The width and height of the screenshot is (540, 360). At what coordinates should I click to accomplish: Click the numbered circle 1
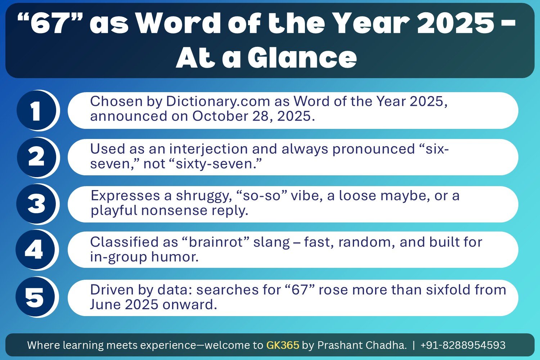tap(36, 111)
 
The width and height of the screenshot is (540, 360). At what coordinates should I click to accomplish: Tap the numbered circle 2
tap(36, 157)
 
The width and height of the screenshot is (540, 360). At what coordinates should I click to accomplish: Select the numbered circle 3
tap(36, 204)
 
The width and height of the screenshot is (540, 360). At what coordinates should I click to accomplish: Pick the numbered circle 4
tap(35, 250)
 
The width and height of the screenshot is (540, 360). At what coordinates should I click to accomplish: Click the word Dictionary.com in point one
tap(218, 102)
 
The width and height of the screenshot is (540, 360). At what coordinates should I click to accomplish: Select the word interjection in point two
tap(208, 149)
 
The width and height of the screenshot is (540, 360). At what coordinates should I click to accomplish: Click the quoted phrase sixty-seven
tap(218, 164)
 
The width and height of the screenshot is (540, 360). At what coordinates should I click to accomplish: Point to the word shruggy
tap(204, 196)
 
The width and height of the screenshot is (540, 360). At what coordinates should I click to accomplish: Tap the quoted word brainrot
tap(216, 242)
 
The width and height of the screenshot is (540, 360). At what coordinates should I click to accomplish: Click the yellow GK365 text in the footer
tap(283, 345)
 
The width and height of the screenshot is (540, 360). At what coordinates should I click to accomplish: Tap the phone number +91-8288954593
tap(463, 345)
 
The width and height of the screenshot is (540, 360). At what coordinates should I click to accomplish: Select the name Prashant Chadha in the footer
tap(362, 345)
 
